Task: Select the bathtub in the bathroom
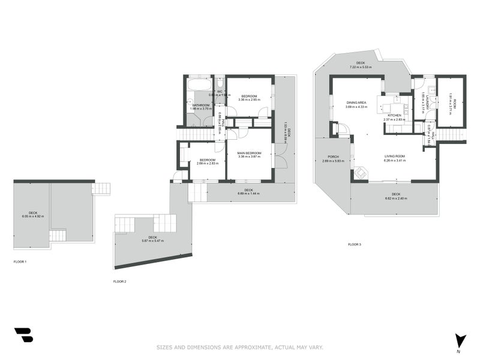pos(197,92)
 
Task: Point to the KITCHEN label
pos(394,115)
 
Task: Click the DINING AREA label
pos(356,103)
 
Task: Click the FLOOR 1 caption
pos(20,262)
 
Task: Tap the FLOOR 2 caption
pos(119,281)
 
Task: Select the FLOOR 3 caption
pos(355,244)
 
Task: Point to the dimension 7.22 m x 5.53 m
pos(361,67)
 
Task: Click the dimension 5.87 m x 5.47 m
pos(152,241)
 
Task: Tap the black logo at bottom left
pos(23,335)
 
